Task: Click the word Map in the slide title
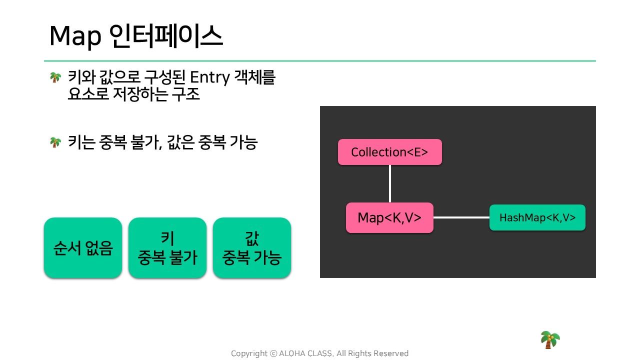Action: pos(75,36)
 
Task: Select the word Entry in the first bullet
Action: pos(209,77)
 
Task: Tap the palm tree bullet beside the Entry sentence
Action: pos(55,77)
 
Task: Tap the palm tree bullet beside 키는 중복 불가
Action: pos(55,142)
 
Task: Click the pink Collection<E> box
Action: pos(389,152)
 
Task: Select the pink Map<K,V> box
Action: pos(389,217)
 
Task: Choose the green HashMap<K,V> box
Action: pos(537,217)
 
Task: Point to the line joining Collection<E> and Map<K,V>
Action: pos(389,183)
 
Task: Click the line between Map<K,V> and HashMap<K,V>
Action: pos(461,217)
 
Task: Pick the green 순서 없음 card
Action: pos(83,247)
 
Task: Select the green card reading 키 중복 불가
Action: pos(167,247)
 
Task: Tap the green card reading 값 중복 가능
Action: pos(252,247)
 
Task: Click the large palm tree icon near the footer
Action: pos(550,339)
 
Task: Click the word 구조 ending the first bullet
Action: pos(185,94)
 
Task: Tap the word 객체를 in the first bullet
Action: pos(254,77)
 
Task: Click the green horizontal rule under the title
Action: pos(320,61)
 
